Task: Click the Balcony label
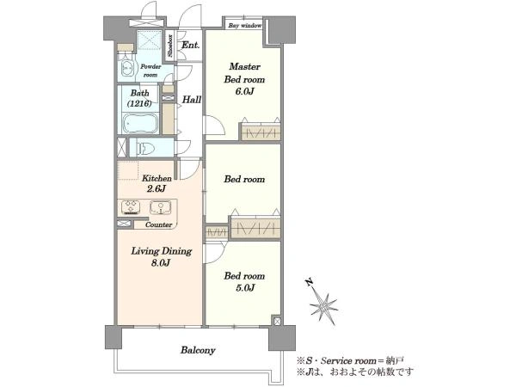point(198,350)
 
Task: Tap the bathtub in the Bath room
point(140,124)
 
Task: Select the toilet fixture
point(146,149)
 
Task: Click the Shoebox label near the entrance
point(170,46)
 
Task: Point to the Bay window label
point(245,25)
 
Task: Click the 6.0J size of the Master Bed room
point(244,91)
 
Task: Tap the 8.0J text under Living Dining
point(161,262)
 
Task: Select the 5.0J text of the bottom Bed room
point(245,287)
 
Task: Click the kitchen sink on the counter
point(161,207)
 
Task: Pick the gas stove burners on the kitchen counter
point(131,207)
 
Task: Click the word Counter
point(158,224)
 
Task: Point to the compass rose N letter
point(309,282)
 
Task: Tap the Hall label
point(192,99)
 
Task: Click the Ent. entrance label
point(191,45)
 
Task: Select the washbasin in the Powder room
point(127,68)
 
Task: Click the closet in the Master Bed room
point(261,132)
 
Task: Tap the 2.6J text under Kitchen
point(157,189)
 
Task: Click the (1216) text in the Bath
point(139,103)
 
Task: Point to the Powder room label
point(150,71)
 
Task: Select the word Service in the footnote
point(334,360)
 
